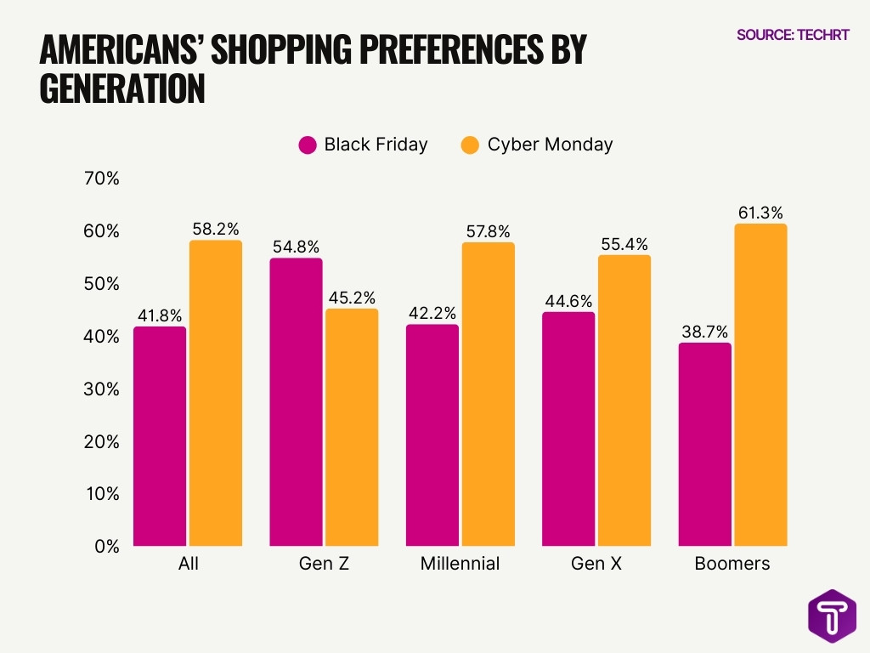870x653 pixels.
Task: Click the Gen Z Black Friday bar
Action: click(x=296, y=401)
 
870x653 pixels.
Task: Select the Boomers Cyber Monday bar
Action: click(x=760, y=384)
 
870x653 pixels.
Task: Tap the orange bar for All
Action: click(x=216, y=393)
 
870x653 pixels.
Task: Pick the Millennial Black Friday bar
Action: click(x=432, y=434)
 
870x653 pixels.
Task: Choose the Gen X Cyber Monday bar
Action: click(x=624, y=400)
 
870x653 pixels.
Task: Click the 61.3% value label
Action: click(x=760, y=213)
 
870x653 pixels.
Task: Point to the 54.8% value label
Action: click(x=296, y=247)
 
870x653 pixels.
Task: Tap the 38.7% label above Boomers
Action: click(x=705, y=332)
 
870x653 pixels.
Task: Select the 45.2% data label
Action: click(x=352, y=298)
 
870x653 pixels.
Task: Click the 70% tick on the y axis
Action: click(x=102, y=179)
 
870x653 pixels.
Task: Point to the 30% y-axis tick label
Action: click(x=102, y=389)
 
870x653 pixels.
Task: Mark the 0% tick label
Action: click(x=106, y=547)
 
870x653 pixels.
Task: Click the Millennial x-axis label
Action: click(x=460, y=564)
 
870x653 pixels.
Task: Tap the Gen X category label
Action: click(x=596, y=564)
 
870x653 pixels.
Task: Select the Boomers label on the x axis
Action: click(x=732, y=564)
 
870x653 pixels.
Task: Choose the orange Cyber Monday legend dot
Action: click(x=470, y=145)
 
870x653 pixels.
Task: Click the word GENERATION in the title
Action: click(x=122, y=88)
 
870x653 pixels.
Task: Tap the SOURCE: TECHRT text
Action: click(x=793, y=35)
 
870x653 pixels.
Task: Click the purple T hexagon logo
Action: click(x=832, y=615)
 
